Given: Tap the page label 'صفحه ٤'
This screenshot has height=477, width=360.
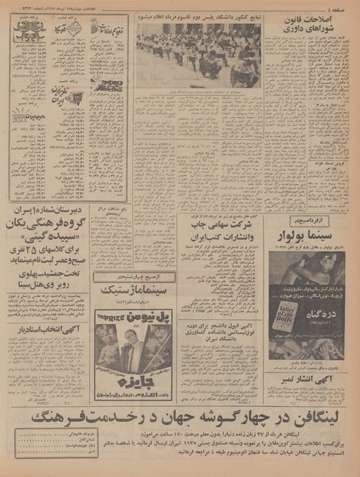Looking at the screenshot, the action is point(338,7).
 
